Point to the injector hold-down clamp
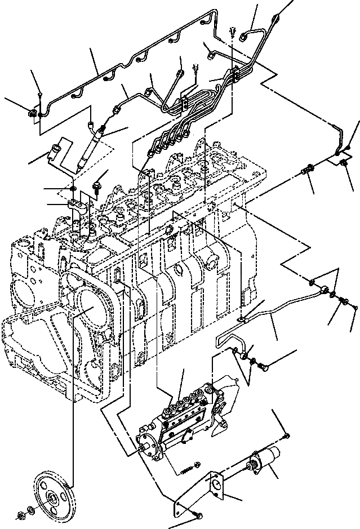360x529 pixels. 78,205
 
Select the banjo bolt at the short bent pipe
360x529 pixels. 263,367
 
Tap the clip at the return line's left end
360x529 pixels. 32,114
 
